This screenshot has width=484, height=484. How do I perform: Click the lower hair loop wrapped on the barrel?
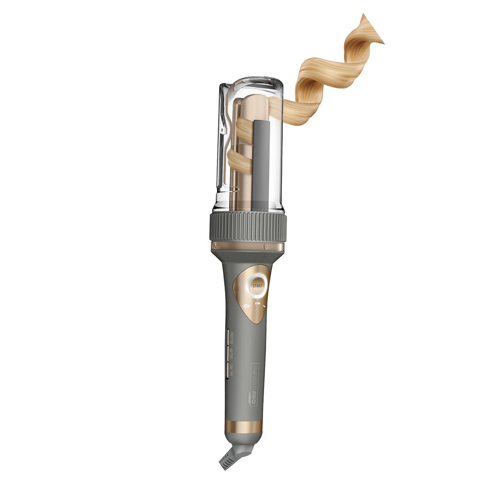click(236, 160)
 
